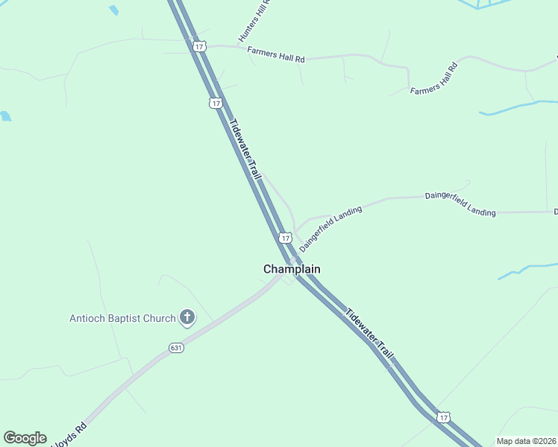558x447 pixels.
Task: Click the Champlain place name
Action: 292,269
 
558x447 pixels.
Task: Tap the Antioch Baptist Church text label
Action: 122,318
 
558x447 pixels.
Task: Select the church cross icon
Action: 187,318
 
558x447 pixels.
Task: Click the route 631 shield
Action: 176,348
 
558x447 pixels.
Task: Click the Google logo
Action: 25,437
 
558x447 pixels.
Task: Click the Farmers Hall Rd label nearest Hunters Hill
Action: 276,58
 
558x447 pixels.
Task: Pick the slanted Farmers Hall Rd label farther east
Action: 433,78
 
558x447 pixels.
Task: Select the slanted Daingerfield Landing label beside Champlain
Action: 330,228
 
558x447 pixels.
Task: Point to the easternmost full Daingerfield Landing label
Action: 460,203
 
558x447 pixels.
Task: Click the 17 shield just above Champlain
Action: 285,238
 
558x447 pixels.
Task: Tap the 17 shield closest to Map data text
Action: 444,418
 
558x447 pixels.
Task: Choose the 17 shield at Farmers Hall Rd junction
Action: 198,46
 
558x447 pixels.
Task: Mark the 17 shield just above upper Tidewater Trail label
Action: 216,103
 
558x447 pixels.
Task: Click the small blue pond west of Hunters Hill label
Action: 113,10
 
